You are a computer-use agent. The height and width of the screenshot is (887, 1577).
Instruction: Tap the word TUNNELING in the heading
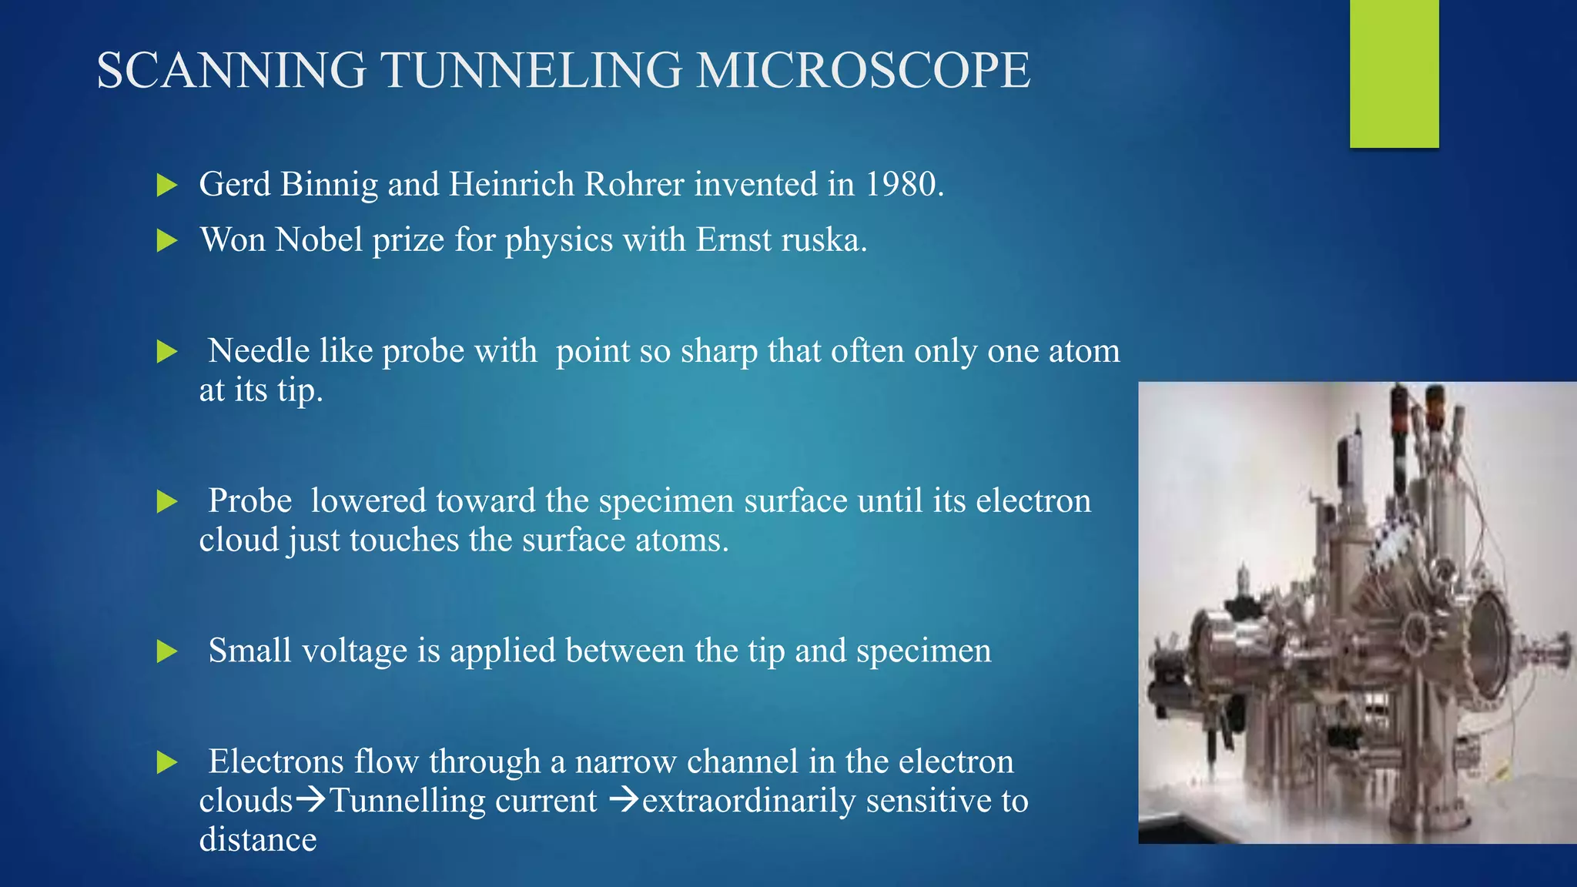pyautogui.click(x=532, y=71)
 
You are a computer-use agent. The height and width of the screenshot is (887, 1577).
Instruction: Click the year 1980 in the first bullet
pyautogui.click(x=904, y=185)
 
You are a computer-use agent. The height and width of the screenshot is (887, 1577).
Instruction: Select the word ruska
pyautogui.click(x=824, y=240)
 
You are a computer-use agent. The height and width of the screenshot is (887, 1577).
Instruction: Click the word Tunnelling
pyautogui.click(x=463, y=801)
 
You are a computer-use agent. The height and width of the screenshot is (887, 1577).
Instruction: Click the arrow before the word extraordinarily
pyautogui.click(x=624, y=801)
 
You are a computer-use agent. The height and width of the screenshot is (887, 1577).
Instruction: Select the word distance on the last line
pyautogui.click(x=258, y=840)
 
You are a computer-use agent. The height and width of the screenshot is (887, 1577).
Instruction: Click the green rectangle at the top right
pyautogui.click(x=1394, y=73)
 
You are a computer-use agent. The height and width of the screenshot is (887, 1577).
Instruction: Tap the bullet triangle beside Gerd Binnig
pyautogui.click(x=166, y=186)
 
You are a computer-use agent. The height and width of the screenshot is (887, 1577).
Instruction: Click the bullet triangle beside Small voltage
pyautogui.click(x=166, y=652)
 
